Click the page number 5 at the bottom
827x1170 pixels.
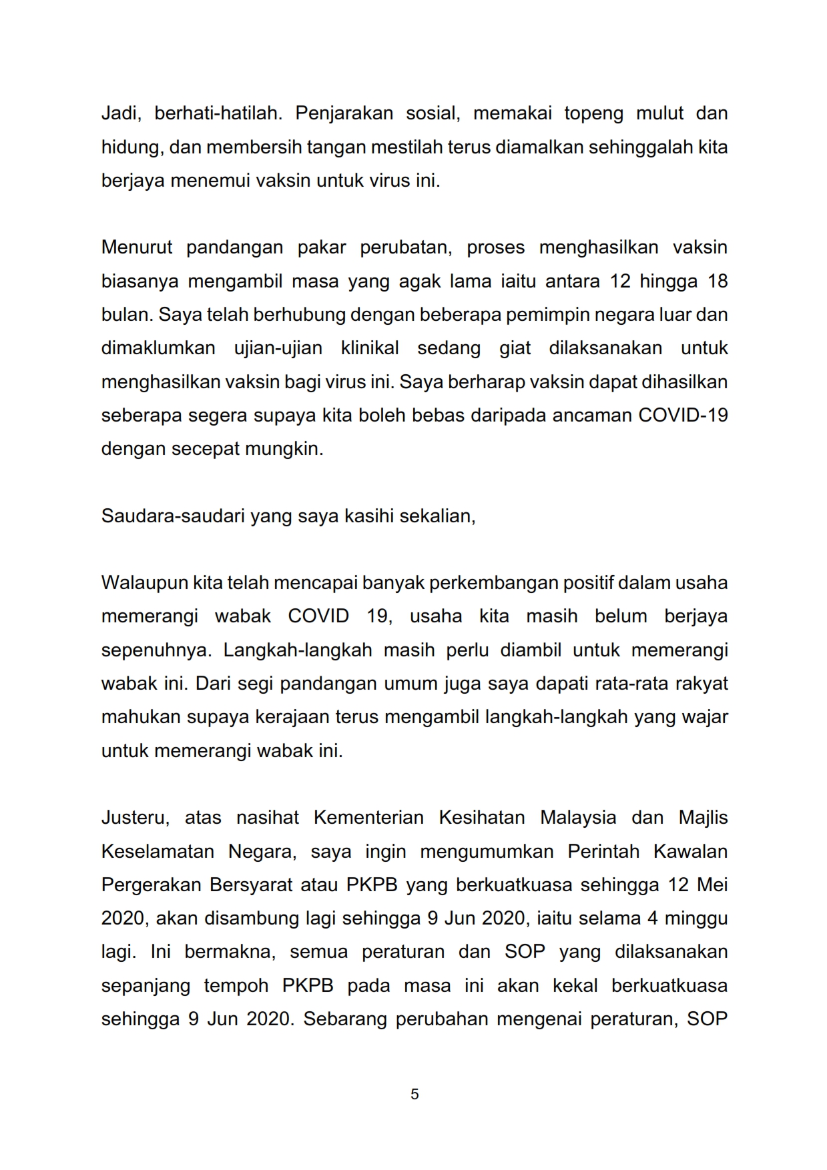(415, 1094)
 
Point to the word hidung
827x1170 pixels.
(131, 147)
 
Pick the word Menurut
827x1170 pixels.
(137, 247)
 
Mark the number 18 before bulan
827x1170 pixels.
(717, 281)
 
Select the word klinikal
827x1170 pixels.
(370, 348)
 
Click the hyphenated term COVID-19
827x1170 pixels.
(683, 415)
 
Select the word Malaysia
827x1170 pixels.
(578, 818)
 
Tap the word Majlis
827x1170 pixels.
(703, 818)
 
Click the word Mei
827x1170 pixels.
(712, 885)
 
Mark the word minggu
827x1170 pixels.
(696, 919)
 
